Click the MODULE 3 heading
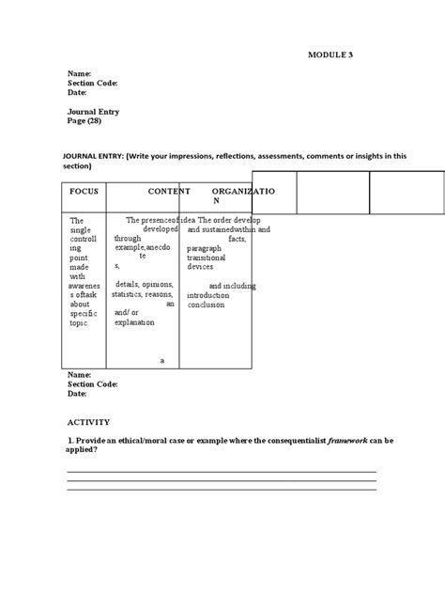point(330,55)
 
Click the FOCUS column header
point(84,191)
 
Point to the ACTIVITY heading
point(88,422)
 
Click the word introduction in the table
point(208,294)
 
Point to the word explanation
point(134,322)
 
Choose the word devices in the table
point(200,267)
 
